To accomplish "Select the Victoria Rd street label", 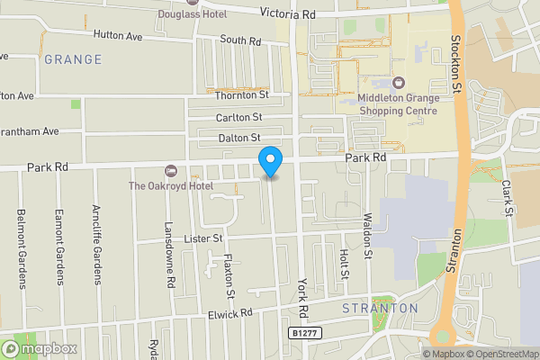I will (x=288, y=13).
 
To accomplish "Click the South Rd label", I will (x=239, y=40).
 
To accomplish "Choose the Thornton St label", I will (x=241, y=94).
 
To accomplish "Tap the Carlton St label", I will (x=238, y=117).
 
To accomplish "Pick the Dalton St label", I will (x=238, y=138).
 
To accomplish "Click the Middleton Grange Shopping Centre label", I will (x=397, y=103).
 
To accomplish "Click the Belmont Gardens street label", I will (x=21, y=249).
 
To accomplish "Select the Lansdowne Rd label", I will (x=169, y=256).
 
